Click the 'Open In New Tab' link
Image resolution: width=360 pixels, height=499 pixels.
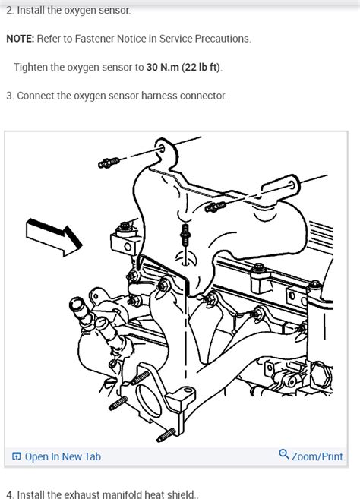click(62, 456)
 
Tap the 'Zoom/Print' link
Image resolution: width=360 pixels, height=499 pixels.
click(317, 456)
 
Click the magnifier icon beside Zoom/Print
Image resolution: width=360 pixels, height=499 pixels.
click(284, 455)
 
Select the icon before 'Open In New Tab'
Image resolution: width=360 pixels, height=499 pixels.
click(16, 456)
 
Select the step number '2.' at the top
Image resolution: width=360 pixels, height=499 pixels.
click(10, 11)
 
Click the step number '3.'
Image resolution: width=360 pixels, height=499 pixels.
click(10, 96)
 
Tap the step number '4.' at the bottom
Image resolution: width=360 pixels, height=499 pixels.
click(10, 495)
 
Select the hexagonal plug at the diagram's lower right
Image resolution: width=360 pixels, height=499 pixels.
click(320, 374)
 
